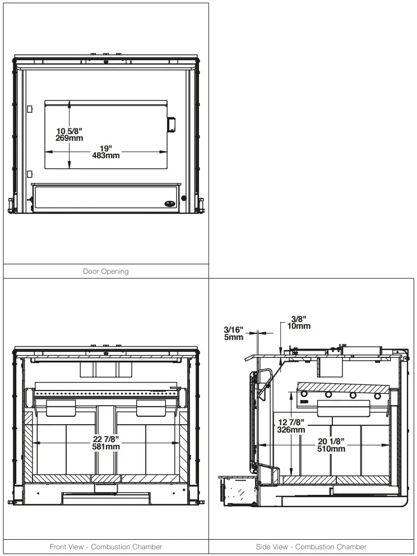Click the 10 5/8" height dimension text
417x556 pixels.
point(69,131)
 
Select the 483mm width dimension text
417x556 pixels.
point(105,155)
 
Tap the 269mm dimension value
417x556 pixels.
point(69,138)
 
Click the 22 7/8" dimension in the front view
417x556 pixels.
point(106,439)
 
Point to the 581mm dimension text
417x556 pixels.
point(106,447)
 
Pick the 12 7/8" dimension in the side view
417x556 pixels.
point(291,422)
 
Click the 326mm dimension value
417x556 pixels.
point(291,430)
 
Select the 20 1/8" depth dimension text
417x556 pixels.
point(331,442)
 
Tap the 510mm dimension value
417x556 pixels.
point(331,448)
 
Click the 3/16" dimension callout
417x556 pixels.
point(234,330)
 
